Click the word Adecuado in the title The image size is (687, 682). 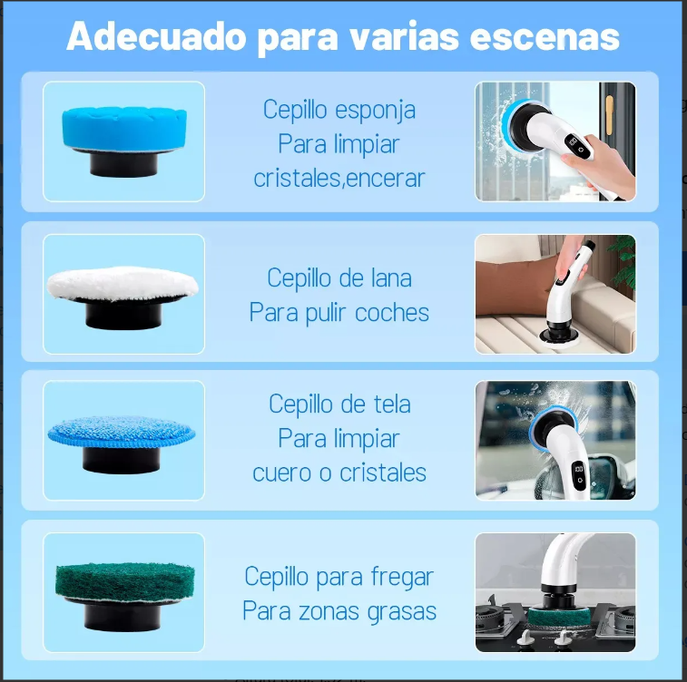click(156, 37)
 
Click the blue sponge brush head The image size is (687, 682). click(123, 126)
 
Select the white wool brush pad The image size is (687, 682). click(122, 285)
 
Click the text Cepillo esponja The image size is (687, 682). click(339, 110)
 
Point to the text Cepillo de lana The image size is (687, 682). click(339, 278)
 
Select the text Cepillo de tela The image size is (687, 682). click(339, 404)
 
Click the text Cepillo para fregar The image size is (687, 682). click(339, 576)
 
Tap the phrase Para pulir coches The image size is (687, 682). click(339, 313)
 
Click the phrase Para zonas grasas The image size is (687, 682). click(339, 611)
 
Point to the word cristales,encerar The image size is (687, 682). click(339, 178)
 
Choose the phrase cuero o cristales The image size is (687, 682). click(339, 473)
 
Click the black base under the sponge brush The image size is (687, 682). click(122, 165)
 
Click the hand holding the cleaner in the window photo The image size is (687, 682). click(599, 164)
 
